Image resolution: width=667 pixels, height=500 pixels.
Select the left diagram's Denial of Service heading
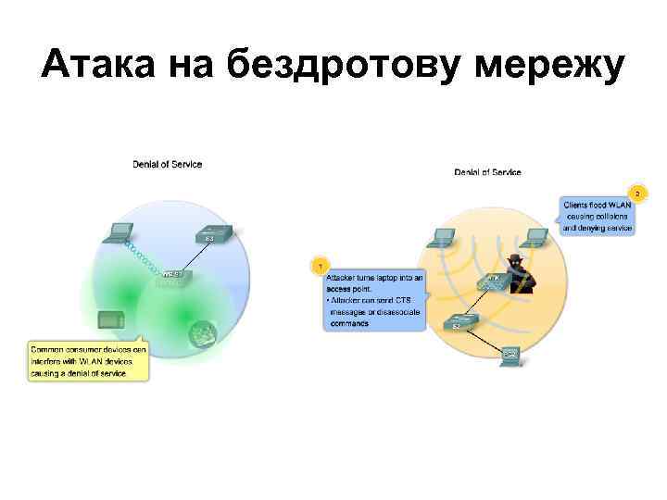167,165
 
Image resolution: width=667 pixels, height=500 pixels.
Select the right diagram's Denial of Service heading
487,172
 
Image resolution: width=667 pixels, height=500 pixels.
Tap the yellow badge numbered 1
320,266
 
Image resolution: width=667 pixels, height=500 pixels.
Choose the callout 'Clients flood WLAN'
598,214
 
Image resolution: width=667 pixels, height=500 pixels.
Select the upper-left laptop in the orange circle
444,238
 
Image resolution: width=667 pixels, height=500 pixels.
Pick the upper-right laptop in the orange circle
542,235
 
